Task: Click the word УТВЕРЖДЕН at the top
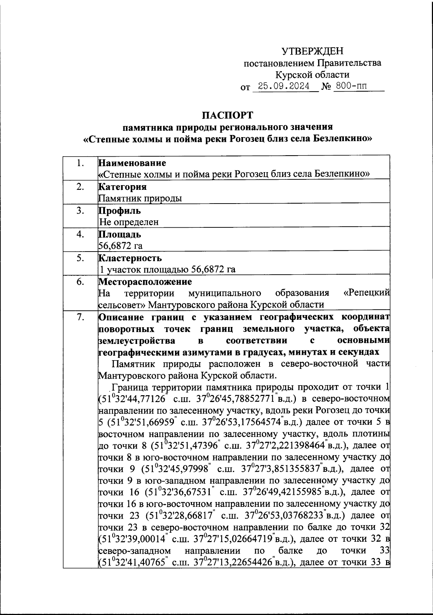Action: click(312, 51)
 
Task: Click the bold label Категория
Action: click(123, 187)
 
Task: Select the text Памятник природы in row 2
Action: click(140, 198)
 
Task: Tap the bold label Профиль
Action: click(120, 211)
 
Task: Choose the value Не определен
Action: click(129, 222)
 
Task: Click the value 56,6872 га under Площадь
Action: click(121, 246)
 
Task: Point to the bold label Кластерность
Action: click(130, 258)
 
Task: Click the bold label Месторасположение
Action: click(145, 282)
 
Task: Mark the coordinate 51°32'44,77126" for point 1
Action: click(134, 399)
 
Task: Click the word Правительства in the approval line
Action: click(349, 63)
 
